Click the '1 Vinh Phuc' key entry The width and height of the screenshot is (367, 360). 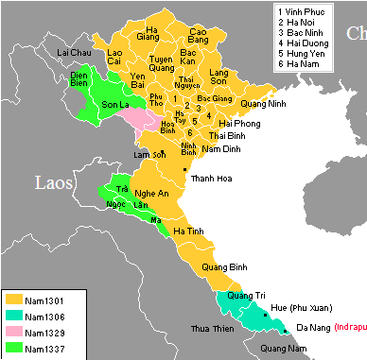coord(300,10)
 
